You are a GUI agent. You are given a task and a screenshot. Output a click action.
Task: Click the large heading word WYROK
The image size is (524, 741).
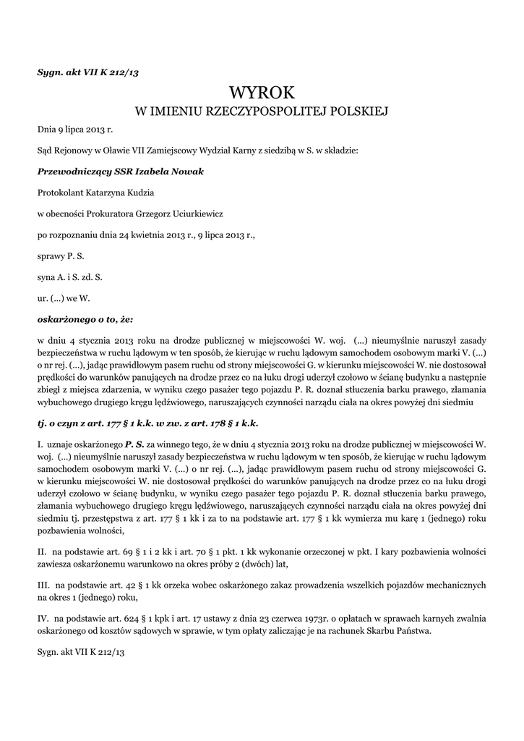(x=262, y=93)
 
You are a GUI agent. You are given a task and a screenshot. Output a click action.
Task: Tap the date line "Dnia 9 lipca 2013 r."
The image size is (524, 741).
(x=75, y=130)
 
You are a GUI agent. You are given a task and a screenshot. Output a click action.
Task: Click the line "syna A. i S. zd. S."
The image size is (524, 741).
(x=70, y=276)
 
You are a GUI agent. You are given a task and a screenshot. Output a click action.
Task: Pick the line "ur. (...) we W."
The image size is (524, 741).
(x=63, y=297)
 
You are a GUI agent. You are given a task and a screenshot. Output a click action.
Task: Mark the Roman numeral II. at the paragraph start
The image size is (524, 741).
(x=42, y=551)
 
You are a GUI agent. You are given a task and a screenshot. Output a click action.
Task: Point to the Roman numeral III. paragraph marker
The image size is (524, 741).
(x=43, y=584)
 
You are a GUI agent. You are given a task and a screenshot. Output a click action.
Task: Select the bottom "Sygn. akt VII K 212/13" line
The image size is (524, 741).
(x=81, y=652)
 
